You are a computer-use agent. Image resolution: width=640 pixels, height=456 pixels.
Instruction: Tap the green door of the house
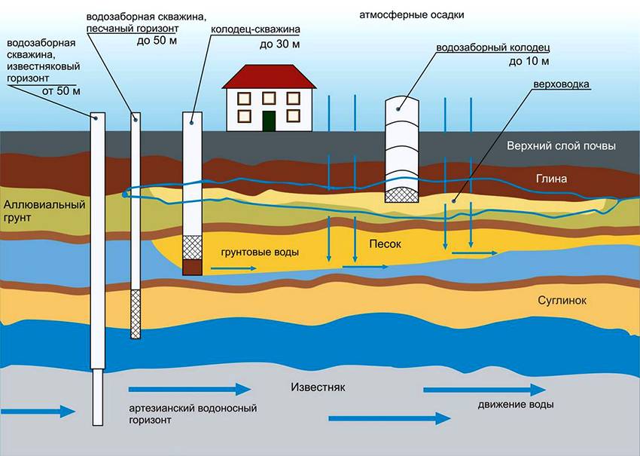click(x=268, y=119)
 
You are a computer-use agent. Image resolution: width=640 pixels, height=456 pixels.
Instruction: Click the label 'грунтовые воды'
click(x=260, y=252)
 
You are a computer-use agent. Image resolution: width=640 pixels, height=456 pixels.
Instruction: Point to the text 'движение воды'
click(x=516, y=405)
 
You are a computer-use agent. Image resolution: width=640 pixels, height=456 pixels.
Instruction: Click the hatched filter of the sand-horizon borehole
click(x=136, y=314)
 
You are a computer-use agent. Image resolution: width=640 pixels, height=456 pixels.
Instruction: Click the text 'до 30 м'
click(x=279, y=45)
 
